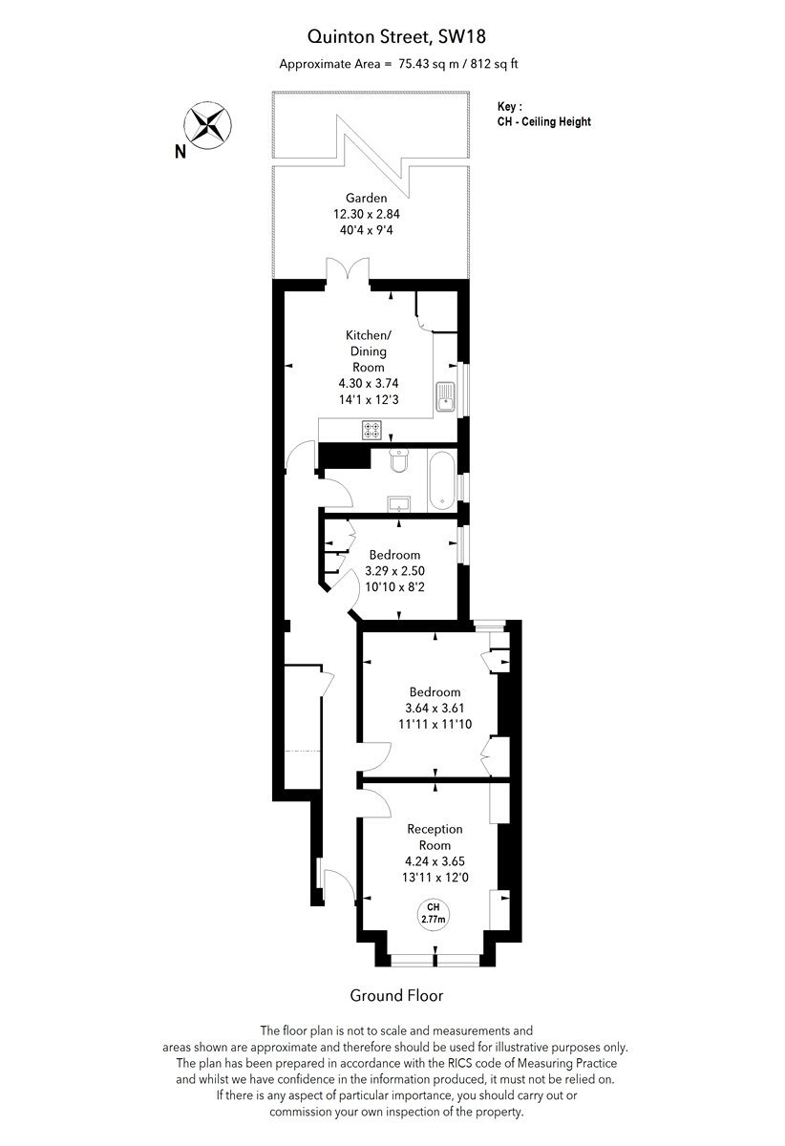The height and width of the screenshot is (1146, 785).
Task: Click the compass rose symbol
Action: (207, 125)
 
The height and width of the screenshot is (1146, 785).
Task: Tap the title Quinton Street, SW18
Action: (396, 37)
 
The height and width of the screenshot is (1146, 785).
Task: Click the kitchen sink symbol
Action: (445, 397)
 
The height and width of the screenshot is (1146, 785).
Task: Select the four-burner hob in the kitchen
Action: (371, 430)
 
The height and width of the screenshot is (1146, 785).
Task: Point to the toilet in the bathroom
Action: (398, 460)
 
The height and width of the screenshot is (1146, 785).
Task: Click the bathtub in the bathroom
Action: (441, 480)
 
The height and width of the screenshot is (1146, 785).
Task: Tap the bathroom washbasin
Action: (398, 504)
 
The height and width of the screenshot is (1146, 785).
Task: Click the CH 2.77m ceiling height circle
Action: (434, 913)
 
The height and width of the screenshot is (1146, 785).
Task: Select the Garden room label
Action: (367, 198)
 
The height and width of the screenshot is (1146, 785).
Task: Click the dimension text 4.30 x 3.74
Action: (369, 383)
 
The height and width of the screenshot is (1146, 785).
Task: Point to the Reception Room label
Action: (435, 837)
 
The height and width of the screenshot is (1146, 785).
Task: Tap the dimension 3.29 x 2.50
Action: (394, 570)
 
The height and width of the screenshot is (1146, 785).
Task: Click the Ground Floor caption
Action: (396, 995)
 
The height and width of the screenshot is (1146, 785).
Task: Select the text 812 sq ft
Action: (495, 64)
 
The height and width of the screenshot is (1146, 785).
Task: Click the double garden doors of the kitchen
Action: (348, 269)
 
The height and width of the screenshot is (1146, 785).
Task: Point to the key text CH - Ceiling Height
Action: (544, 122)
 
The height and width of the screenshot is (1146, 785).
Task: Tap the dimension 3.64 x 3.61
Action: (435, 708)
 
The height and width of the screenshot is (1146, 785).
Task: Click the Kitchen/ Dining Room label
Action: (369, 351)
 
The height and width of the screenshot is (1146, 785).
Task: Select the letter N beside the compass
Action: (180, 152)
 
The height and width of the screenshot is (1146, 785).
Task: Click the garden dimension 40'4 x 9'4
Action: (367, 230)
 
